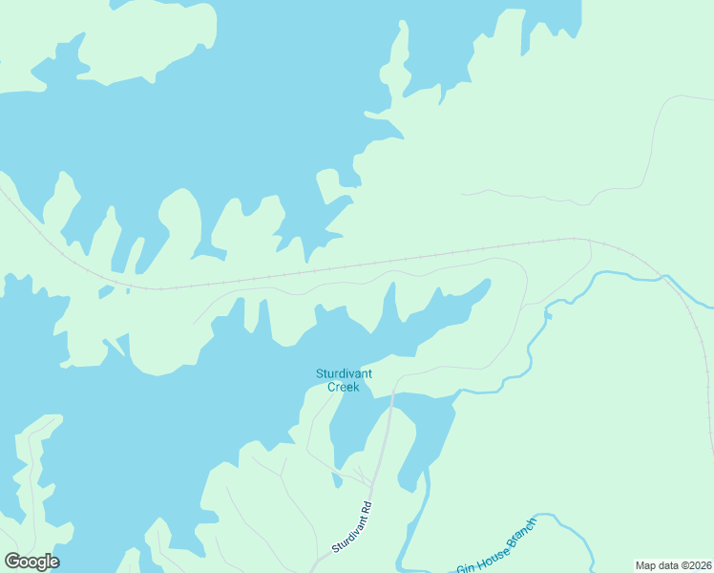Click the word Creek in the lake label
point(343,387)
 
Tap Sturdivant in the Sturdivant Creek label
point(344,373)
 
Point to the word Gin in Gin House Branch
point(465,567)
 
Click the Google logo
point(31,562)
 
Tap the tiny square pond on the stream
point(549,313)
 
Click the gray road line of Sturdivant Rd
point(383,449)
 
